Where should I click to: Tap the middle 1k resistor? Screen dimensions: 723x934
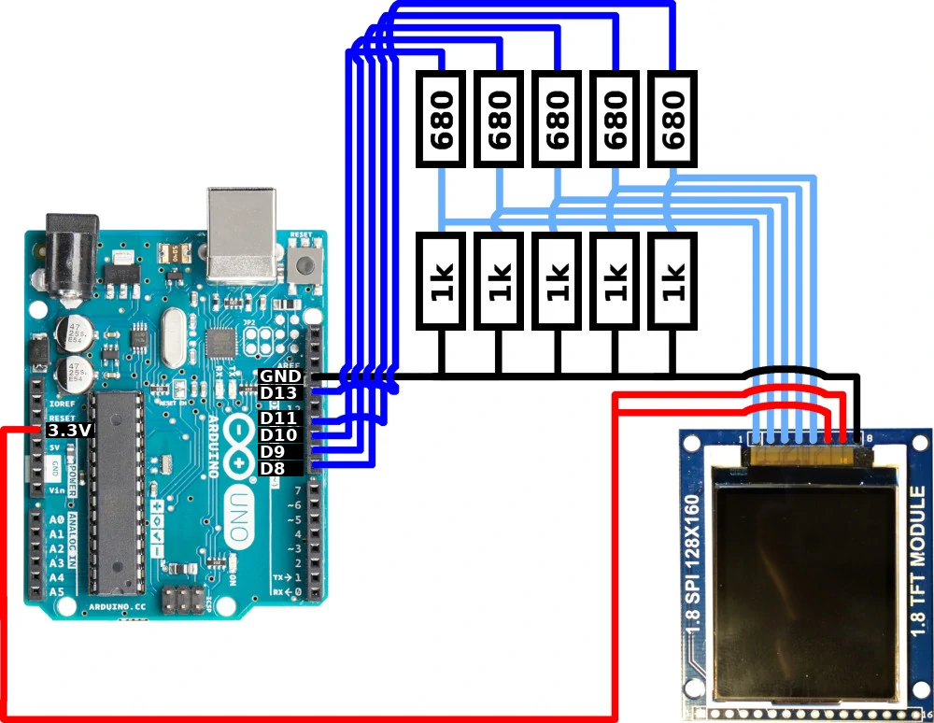[558, 281]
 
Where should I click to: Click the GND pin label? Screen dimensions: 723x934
[279, 376]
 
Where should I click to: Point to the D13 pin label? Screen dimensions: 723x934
[279, 392]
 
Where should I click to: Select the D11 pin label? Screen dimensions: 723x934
[279, 418]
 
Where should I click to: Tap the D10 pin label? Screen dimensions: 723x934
[279, 434]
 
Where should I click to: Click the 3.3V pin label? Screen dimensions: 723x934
[69, 430]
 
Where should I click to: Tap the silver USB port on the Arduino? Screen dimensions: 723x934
[242, 234]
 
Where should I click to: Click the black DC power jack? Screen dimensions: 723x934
[72, 253]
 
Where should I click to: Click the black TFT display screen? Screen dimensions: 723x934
[806, 579]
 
